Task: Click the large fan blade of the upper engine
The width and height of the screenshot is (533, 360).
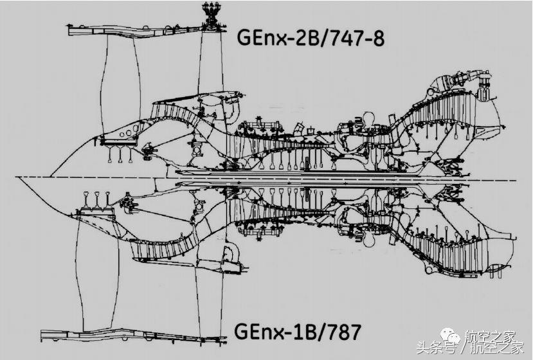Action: [x=119, y=84]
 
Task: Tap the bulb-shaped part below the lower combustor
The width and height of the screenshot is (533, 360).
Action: [x=368, y=235]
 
